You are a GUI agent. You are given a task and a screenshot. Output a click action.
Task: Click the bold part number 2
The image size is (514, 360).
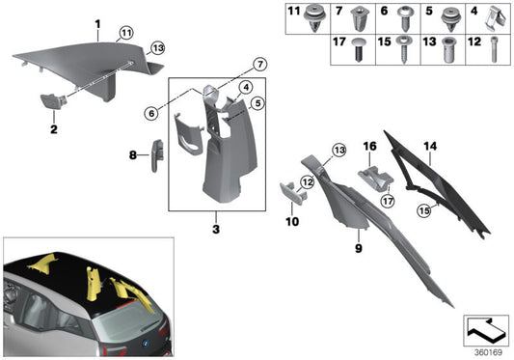pyautogui.click(x=54, y=128)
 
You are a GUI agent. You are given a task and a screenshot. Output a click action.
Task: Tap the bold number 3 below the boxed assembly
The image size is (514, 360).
pyautogui.click(x=215, y=232)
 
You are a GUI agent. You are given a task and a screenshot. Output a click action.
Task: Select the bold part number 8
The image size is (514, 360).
pyautogui.click(x=133, y=153)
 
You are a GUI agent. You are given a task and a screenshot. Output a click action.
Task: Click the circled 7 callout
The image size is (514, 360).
pyautogui.click(x=259, y=65)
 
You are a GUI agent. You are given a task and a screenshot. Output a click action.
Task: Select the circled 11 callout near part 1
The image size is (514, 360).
pyautogui.click(x=125, y=34)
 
